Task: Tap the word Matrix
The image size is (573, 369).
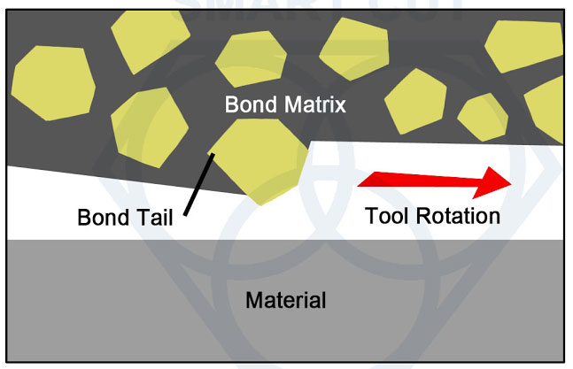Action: pyautogui.click(x=315, y=104)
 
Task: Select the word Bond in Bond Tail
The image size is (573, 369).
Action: pyautogui.click(x=104, y=218)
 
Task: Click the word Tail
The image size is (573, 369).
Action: pyautogui.click(x=155, y=218)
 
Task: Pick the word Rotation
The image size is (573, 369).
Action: pyautogui.click(x=458, y=216)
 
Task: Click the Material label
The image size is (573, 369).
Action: pyautogui.click(x=286, y=300)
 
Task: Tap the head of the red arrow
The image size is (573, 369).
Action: pyautogui.click(x=492, y=182)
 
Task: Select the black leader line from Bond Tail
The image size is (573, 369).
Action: pyautogui.click(x=199, y=184)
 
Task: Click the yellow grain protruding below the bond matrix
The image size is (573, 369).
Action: pyautogui.click(x=259, y=160)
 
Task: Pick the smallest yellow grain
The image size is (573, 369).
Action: pyautogui.click(x=483, y=117)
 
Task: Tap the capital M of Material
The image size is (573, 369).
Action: pyautogui.click(x=254, y=300)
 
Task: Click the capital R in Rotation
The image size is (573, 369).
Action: pyautogui.click(x=423, y=216)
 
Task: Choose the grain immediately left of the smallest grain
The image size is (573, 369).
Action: pyautogui.click(x=415, y=102)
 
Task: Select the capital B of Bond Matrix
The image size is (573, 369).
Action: pyautogui.click(x=232, y=104)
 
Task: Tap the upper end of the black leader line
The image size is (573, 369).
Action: pyautogui.click(x=213, y=155)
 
